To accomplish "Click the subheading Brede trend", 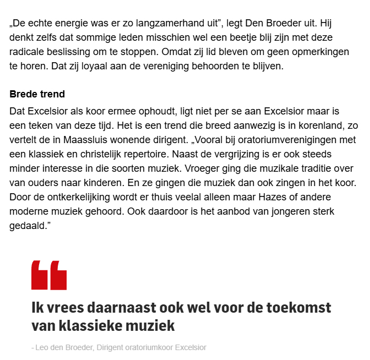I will click(x=37, y=94).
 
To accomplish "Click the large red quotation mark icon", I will click(x=49, y=275).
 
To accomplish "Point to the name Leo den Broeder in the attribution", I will click(x=63, y=348).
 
